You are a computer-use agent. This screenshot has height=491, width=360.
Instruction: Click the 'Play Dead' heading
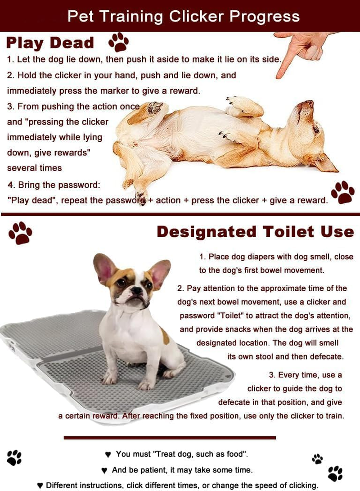[x=50, y=43]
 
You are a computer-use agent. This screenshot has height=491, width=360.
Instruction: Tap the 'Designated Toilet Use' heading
[x=255, y=232]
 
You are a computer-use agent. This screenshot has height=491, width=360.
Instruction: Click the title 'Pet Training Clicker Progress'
[x=184, y=16]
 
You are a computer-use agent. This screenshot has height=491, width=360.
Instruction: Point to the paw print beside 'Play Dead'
[x=118, y=42]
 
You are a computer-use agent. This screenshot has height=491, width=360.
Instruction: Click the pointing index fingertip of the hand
[x=279, y=75]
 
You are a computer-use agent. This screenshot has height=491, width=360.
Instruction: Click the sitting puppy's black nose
[x=136, y=291]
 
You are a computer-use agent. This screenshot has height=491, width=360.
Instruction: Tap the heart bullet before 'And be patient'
[x=104, y=470]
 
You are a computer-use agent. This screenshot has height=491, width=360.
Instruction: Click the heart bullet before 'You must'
[x=108, y=455]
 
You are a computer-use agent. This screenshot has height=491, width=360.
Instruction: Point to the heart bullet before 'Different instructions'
[x=40, y=486]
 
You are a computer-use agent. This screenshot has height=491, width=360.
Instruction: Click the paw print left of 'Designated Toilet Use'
[x=20, y=233]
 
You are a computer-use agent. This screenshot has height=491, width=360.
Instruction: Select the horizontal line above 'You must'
[x=170, y=437]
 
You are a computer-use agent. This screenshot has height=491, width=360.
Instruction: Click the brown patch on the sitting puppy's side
[x=165, y=336]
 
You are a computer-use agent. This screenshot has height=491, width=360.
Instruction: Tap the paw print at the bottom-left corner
[x=14, y=458]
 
